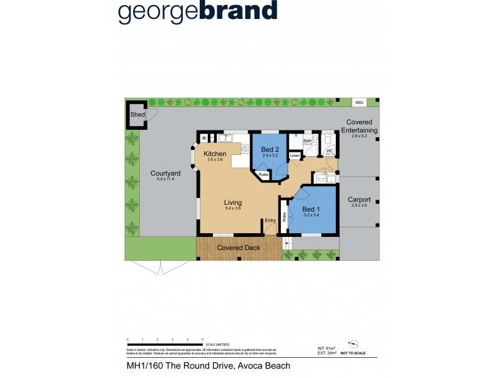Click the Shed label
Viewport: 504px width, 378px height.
pos(137,115)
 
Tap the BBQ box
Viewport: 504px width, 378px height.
pos(359,101)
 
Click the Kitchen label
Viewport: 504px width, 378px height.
pos(215,154)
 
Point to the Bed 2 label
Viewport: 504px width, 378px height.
pos(270,149)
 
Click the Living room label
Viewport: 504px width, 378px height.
pos(234,203)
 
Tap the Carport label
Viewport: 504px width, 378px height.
pos(359,200)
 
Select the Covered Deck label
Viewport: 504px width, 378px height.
pos(239,248)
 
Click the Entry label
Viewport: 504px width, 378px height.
pos(270,220)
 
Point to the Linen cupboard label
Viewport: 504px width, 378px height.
pos(294,156)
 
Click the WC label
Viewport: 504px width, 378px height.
pos(329,151)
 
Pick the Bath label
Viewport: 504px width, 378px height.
pos(308,141)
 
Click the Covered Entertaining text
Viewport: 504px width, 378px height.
pos(359,126)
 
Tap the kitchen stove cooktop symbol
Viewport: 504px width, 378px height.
pos(244,149)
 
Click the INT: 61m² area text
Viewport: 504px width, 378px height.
pos(328,348)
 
